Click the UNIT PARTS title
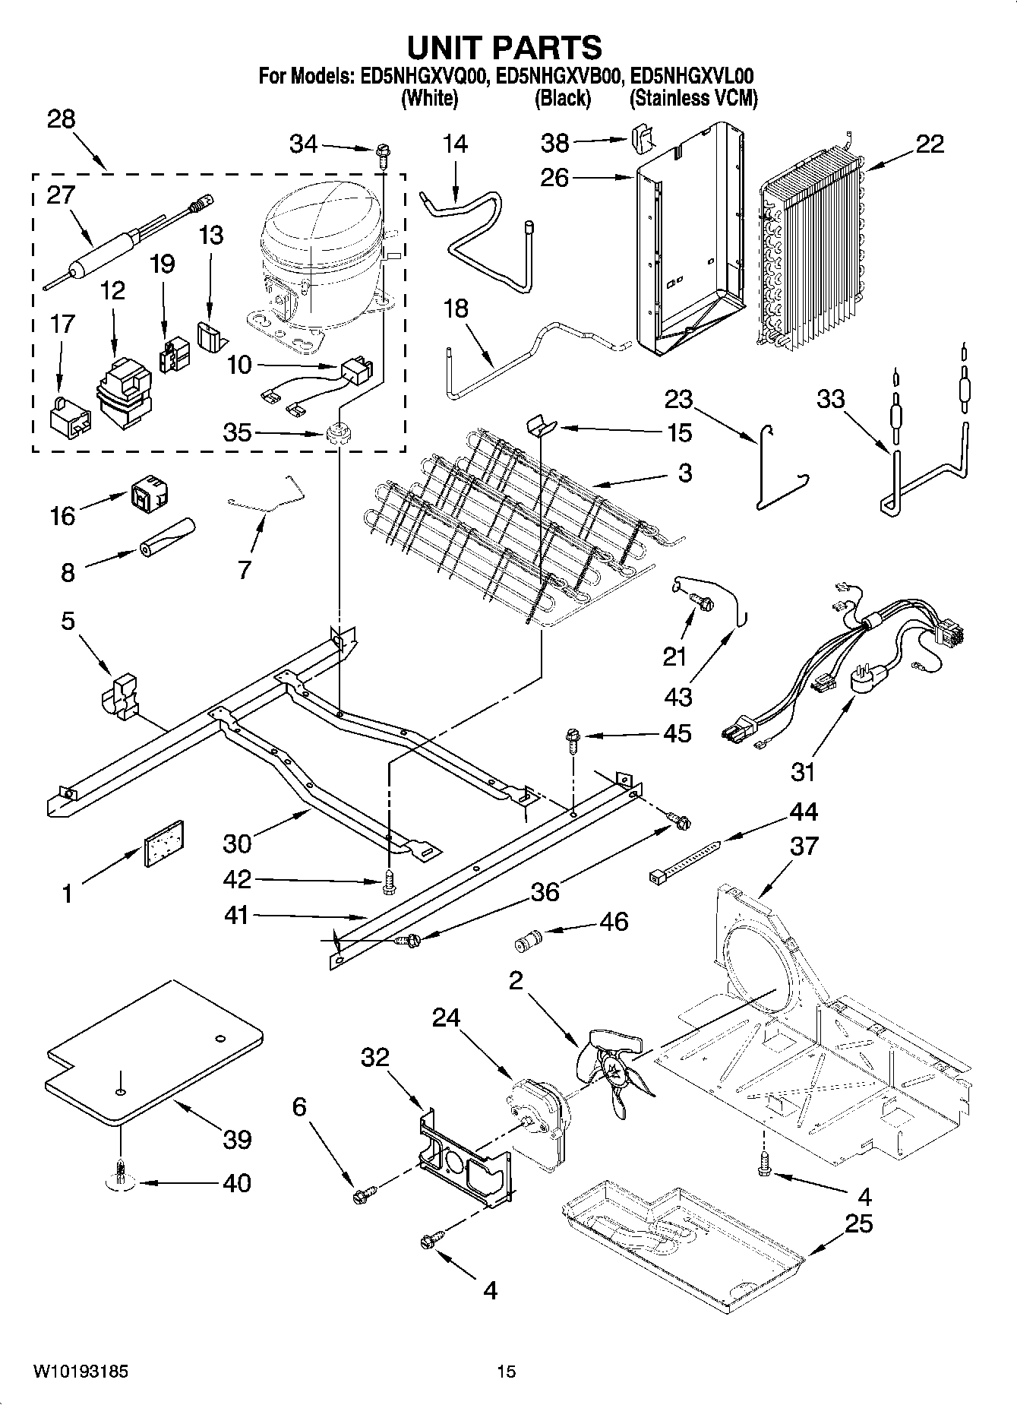tap(504, 47)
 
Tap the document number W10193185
tap(80, 1372)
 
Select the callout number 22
tap(929, 144)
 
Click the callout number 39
tap(237, 1139)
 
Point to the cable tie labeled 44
tap(684, 860)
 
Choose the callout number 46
tap(614, 921)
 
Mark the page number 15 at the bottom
tap(506, 1372)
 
